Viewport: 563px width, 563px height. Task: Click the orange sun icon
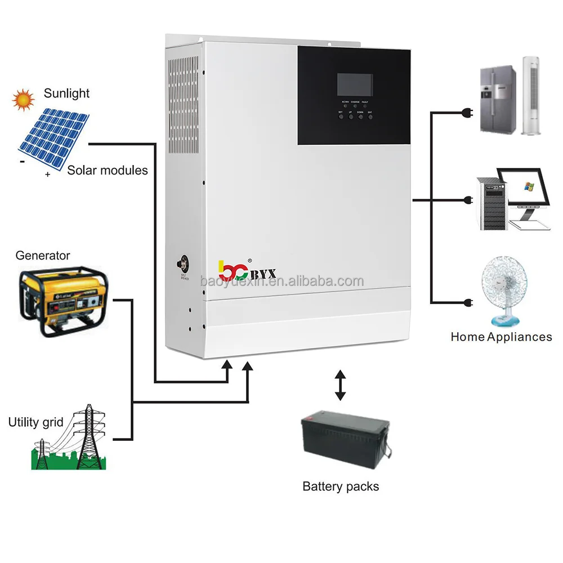pos(23,100)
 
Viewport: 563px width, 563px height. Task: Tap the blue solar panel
pos(53,137)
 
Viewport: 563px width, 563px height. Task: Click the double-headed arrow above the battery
pos(339,385)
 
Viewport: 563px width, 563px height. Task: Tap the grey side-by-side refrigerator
pos(498,100)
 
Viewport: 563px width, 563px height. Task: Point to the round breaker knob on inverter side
pos(184,263)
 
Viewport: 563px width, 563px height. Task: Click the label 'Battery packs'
pos(341,486)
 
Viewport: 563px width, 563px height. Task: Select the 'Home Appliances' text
pos(501,337)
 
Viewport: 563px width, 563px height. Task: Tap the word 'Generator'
pos(43,256)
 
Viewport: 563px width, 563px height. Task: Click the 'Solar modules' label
pos(108,169)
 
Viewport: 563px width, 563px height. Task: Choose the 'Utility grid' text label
pos(35,422)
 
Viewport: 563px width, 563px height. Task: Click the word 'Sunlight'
pos(66,93)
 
